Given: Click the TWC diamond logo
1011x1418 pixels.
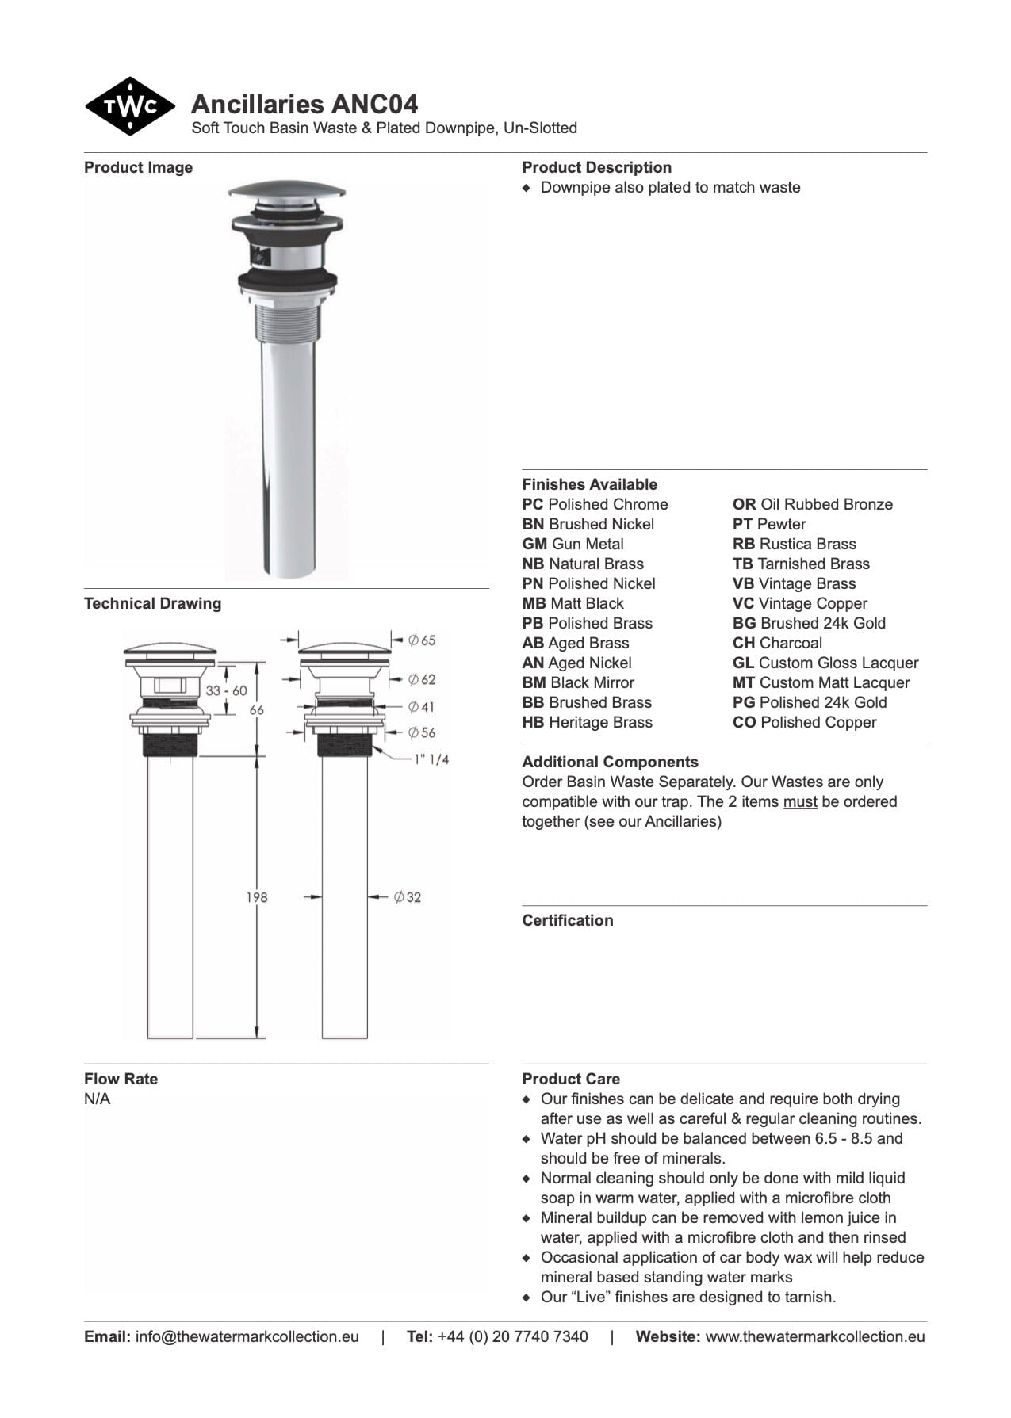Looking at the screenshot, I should [129, 106].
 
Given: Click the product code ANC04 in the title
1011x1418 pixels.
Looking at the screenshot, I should [374, 105].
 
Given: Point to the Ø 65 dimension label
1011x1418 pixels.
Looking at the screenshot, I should [422, 640].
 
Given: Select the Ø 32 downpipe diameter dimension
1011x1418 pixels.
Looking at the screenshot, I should [408, 897].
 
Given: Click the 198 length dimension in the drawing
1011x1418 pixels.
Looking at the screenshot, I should [257, 897].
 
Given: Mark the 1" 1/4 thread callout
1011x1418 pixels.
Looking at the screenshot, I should [431, 759].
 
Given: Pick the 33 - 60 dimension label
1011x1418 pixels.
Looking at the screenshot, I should [226, 690].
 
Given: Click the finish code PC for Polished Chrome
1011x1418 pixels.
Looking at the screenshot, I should [532, 505].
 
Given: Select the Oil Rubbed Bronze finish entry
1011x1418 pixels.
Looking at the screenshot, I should [812, 505].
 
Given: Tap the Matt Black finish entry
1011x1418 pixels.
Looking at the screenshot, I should [573, 604].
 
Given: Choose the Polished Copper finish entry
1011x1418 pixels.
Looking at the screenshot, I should [804, 723].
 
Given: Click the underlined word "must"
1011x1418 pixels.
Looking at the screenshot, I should [800, 802].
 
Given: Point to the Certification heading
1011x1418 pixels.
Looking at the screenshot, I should [567, 921].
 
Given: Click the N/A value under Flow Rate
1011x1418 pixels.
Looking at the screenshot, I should [98, 1099].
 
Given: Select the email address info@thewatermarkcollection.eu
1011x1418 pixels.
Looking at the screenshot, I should [247, 1337].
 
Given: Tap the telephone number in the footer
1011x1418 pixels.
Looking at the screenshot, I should [512, 1337].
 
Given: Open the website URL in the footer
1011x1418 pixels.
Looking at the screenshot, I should [814, 1337].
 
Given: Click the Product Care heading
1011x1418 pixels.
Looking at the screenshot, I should [571, 1080].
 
